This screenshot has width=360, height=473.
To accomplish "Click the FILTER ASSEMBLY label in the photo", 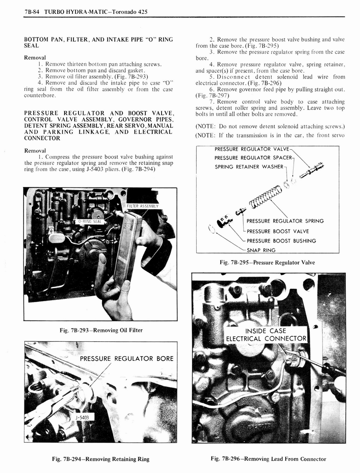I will pyautogui.click(x=143, y=206).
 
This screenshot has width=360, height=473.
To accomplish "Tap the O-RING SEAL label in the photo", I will pyautogui.click(x=90, y=221).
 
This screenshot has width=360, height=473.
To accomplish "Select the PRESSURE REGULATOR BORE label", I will pyautogui.click(x=126, y=358).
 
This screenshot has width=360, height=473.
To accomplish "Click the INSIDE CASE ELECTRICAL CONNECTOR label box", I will pyautogui.click(x=265, y=335).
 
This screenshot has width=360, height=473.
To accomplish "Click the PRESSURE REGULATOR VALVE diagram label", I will pyautogui.click(x=252, y=149).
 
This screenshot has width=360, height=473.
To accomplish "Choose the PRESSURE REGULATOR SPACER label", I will pyautogui.click(x=253, y=158).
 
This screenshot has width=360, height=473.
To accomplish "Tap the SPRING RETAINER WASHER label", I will pyautogui.click(x=249, y=166).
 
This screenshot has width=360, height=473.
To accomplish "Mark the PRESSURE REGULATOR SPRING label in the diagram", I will pyautogui.click(x=285, y=221).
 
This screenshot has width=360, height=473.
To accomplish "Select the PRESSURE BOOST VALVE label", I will pyautogui.click(x=278, y=231).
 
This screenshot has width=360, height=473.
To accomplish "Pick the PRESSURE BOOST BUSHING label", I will pyautogui.click(x=281, y=241).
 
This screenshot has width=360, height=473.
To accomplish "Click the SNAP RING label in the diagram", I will pyautogui.click(x=261, y=250).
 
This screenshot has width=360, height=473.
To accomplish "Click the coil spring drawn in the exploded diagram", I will pyautogui.click(x=265, y=196).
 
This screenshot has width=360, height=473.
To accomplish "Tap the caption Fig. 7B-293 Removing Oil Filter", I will pyautogui.click(x=100, y=330).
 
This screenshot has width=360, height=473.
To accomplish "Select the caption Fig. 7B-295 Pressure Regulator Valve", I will pyautogui.click(x=267, y=262).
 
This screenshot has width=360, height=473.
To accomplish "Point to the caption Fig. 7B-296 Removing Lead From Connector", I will pyautogui.click(x=268, y=459).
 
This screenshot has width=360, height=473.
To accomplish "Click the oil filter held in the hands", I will pyautogui.click(x=127, y=249).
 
